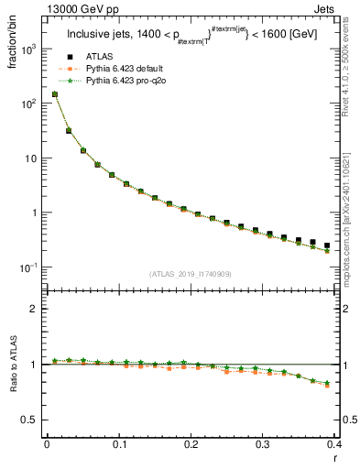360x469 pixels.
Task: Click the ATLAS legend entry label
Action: click(x=98, y=57)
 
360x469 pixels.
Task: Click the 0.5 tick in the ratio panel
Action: click(x=32, y=420)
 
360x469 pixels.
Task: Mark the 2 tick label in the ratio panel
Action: click(x=35, y=309)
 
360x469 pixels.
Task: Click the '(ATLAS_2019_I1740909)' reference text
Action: click(x=190, y=274)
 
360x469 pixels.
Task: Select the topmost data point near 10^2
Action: click(x=54, y=94)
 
